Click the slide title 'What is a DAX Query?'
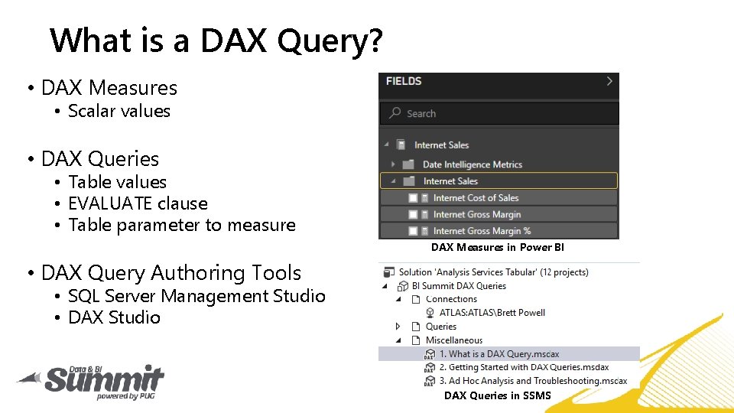(x=216, y=40)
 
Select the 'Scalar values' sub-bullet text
(x=119, y=112)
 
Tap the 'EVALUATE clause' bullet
(x=138, y=203)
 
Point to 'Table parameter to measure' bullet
(x=181, y=225)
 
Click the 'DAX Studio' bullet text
(x=114, y=317)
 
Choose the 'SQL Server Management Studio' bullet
(x=196, y=296)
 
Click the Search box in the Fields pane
(x=499, y=113)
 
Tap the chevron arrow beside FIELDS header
(x=609, y=81)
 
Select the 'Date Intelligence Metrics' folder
(x=472, y=164)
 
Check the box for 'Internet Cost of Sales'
(x=414, y=198)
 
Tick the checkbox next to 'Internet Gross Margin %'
(x=414, y=231)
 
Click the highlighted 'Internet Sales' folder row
(x=499, y=181)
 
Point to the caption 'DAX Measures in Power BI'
(x=497, y=247)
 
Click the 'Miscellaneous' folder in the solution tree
(x=454, y=340)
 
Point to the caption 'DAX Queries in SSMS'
(x=497, y=395)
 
